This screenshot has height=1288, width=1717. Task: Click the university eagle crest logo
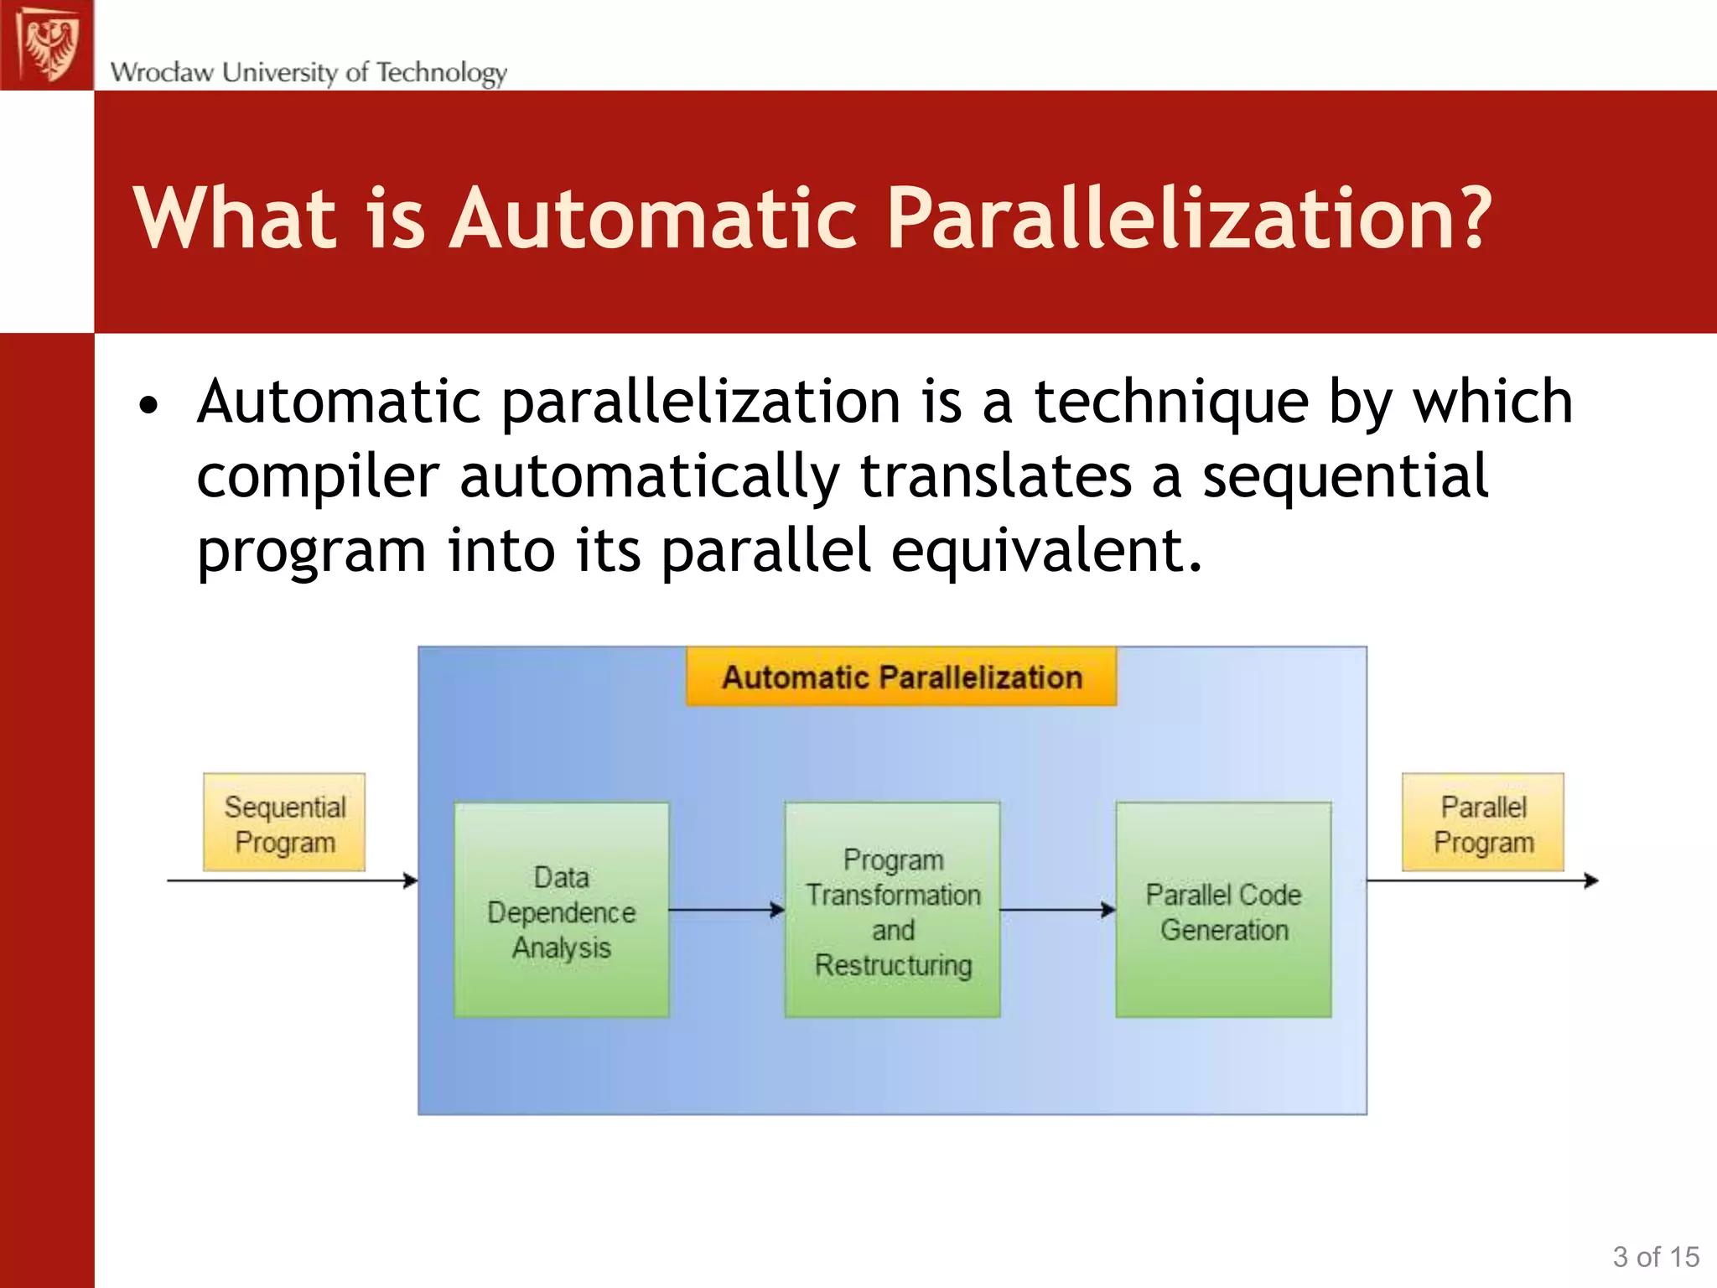point(47,44)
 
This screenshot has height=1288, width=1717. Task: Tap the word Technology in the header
point(441,73)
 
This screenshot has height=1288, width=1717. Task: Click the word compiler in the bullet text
point(318,476)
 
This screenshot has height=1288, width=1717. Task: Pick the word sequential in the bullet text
point(1345,476)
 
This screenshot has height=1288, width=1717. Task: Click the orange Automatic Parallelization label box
point(901,677)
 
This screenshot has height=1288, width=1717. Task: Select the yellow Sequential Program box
point(284,823)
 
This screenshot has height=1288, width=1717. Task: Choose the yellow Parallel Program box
point(1482,823)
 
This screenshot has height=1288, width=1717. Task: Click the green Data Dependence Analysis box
point(561,911)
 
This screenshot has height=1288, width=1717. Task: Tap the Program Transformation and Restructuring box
point(892,911)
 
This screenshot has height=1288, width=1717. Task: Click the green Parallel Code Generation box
point(1223,911)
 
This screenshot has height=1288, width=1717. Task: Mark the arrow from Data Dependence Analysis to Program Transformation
point(726,910)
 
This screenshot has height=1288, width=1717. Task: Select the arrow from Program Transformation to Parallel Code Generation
point(1057,910)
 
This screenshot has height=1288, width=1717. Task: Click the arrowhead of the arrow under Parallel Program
point(1592,880)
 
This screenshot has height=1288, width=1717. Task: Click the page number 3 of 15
point(1655,1257)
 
